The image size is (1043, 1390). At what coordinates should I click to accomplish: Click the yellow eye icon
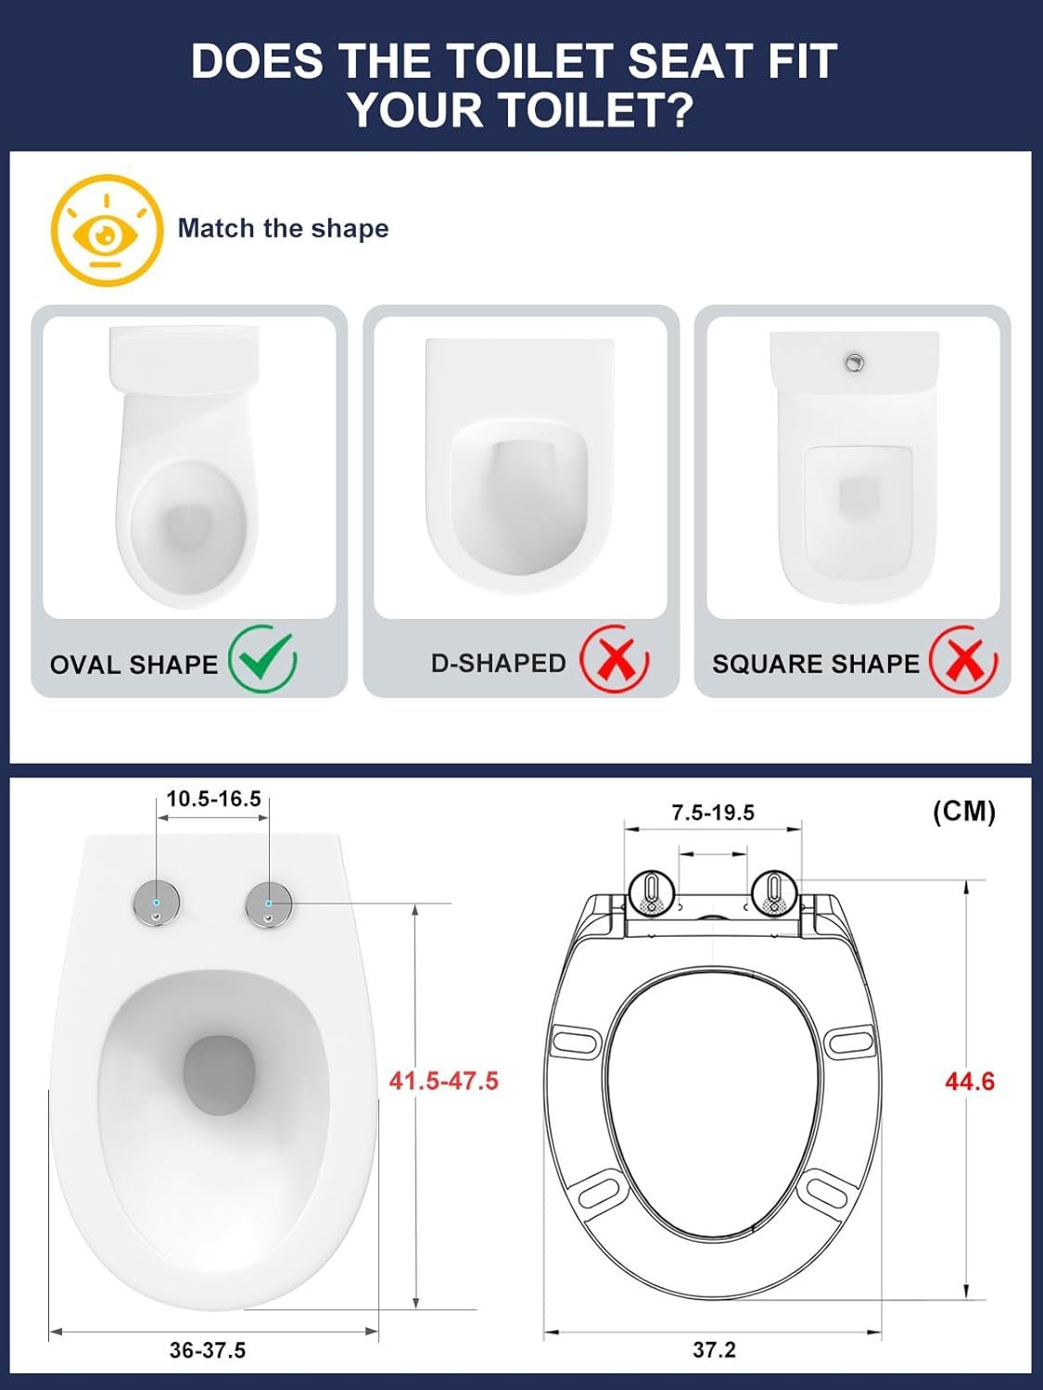click(106, 231)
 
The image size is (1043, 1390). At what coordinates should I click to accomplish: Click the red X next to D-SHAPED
click(614, 660)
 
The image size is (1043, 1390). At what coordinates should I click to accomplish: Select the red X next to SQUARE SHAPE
click(963, 660)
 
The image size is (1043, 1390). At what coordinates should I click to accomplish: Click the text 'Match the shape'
click(283, 228)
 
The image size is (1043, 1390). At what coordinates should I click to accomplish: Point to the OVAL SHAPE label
click(134, 664)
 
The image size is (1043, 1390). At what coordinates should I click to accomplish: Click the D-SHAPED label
click(498, 663)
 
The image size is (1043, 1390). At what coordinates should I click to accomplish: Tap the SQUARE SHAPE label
click(815, 663)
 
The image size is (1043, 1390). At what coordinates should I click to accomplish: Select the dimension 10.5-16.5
click(213, 799)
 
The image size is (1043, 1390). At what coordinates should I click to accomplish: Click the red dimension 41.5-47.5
click(443, 1080)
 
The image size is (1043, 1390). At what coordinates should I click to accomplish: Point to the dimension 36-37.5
click(208, 1350)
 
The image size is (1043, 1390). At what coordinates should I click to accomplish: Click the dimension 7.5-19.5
click(713, 813)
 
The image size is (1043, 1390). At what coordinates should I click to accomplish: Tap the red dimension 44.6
click(969, 1081)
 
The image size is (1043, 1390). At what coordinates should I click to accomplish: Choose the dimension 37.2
click(714, 1349)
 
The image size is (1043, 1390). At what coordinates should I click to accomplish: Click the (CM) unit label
click(963, 812)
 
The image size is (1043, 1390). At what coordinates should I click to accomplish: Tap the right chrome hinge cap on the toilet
click(269, 903)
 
